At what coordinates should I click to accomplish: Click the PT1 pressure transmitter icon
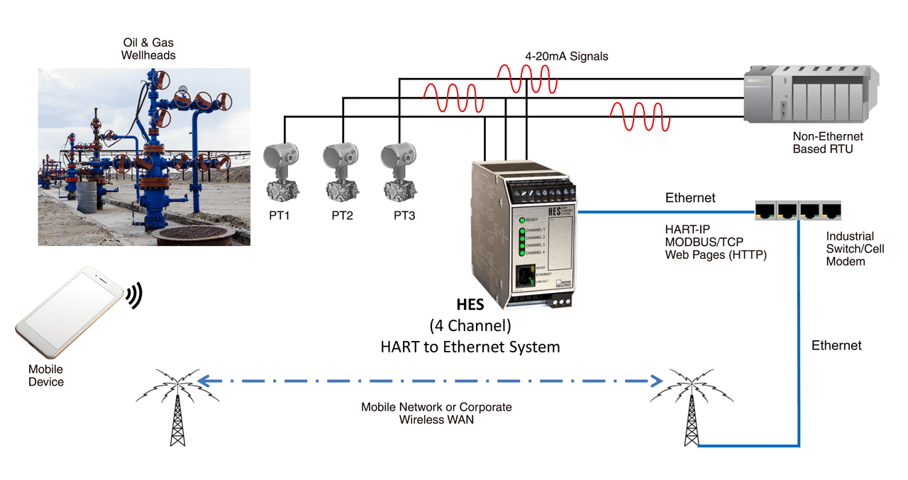pyautogui.click(x=281, y=172)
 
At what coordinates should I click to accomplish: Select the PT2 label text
pyautogui.click(x=342, y=216)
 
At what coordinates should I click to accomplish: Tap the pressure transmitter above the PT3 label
pyautogui.click(x=399, y=172)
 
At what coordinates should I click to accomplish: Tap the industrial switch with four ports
pyautogui.click(x=797, y=210)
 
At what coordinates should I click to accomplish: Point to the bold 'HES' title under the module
pyautogui.click(x=470, y=305)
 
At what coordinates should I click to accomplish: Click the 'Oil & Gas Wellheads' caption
pyautogui.click(x=148, y=49)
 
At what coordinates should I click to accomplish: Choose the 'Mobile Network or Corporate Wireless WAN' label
pyautogui.click(x=436, y=413)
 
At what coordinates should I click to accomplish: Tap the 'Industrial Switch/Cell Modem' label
pyautogui.click(x=856, y=249)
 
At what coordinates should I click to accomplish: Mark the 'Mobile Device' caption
pyautogui.click(x=46, y=376)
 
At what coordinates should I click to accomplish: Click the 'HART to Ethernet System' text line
pyautogui.click(x=470, y=347)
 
